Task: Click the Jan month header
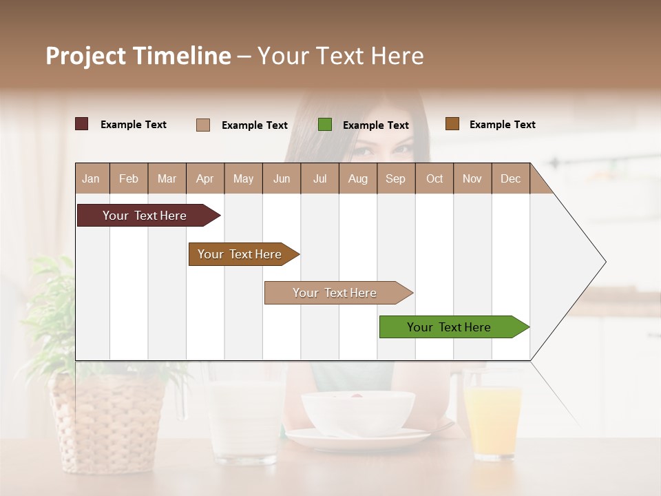click(x=91, y=178)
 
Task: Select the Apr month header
click(x=204, y=178)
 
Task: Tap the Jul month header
click(x=319, y=178)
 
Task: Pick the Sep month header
click(x=395, y=178)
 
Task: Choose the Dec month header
click(x=510, y=178)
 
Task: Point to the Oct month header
click(x=434, y=178)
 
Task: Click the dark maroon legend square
click(x=82, y=124)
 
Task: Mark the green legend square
click(x=325, y=125)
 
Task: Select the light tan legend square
click(x=203, y=125)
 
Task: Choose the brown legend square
click(x=452, y=124)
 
